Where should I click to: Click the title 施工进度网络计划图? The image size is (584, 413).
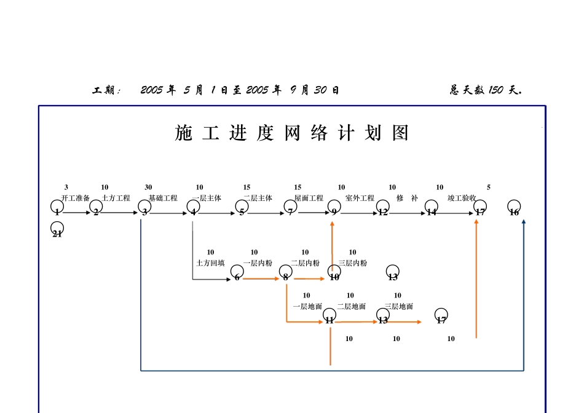pos(292,133)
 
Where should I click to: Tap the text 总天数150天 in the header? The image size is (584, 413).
pos(486,90)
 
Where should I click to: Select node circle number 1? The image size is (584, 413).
pos(57,208)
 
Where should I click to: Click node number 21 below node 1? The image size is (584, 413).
pos(57,230)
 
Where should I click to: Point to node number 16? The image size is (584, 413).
pos(514,208)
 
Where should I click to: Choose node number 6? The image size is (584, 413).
pos(237,273)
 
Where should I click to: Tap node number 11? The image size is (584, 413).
pos(329,317)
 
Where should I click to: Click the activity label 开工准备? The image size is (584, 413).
pos(76,199)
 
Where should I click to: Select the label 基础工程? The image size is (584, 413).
pos(163,199)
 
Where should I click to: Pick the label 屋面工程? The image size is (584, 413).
pos(309,199)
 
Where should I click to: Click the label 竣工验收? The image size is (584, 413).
pos(462,199)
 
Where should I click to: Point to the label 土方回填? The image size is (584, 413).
pos(210,263)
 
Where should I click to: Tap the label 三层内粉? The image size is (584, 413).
pos(352,263)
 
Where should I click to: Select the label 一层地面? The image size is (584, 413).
pos(307,306)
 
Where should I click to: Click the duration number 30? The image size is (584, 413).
pos(148,187)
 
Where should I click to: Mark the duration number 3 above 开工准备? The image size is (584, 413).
pos(66,187)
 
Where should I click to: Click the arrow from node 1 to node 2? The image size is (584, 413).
pos(76,213)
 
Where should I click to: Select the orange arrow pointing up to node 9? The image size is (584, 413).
pos(332,246)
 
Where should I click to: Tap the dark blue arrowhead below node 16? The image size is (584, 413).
pos(524,222)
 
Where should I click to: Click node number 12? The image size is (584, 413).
pos(383,208)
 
